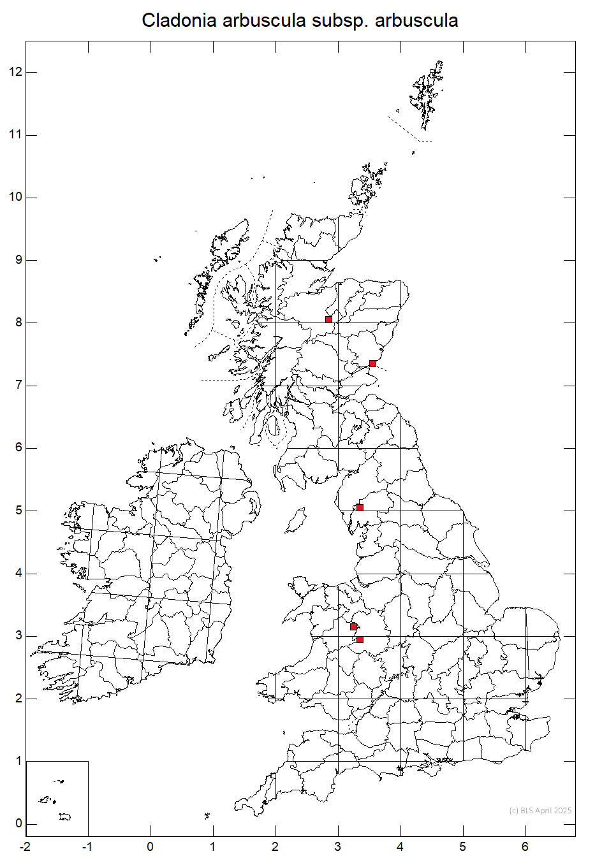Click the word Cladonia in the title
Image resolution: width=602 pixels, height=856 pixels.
[x=179, y=20]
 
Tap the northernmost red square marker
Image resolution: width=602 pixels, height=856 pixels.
[x=328, y=319]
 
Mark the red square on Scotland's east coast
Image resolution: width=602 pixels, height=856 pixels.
[x=372, y=364]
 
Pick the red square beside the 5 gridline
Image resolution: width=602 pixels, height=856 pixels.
[x=360, y=507]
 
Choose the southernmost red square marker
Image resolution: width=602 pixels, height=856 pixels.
[x=360, y=639]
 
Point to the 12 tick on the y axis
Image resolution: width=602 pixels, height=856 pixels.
[x=15, y=72]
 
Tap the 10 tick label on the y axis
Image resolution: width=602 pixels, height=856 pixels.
[x=15, y=197]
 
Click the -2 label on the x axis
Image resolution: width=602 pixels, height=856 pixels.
[x=25, y=846]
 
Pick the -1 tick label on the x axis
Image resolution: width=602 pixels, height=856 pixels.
[x=87, y=846]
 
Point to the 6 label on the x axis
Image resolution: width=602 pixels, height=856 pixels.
[x=525, y=846]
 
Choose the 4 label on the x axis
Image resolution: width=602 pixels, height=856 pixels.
[x=400, y=846]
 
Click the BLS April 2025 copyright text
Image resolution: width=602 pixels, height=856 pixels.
[x=540, y=811]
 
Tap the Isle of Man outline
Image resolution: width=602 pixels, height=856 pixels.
[x=295, y=521]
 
